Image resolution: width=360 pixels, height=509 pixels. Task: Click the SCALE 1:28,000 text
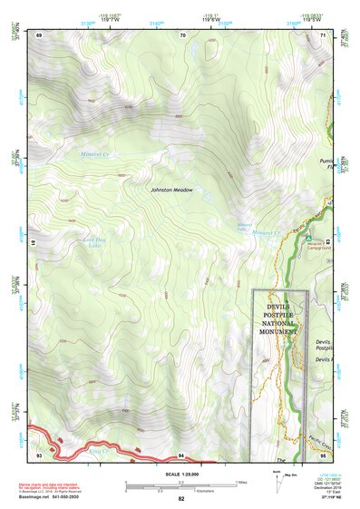click(x=180, y=475)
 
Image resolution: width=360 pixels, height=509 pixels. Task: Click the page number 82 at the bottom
click(x=180, y=499)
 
